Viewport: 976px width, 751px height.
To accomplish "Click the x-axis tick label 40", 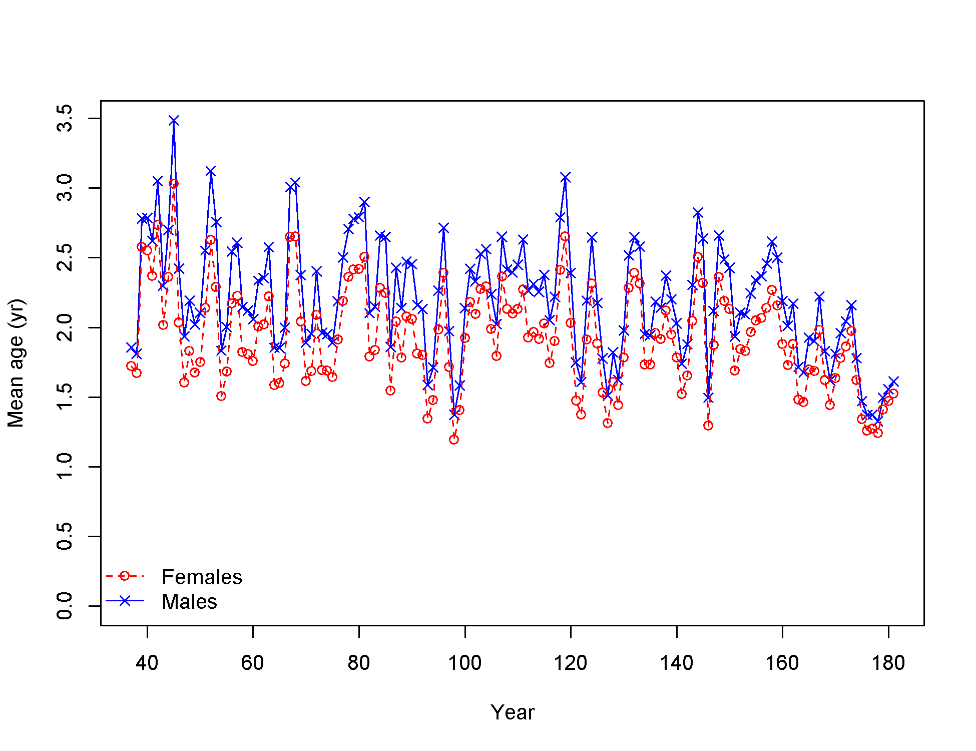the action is click(x=147, y=663).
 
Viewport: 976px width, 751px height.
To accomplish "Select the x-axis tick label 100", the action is click(x=464, y=663).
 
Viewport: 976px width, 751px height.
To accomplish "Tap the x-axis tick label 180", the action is click(x=888, y=663).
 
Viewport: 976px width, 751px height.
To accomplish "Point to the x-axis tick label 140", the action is click(x=676, y=663).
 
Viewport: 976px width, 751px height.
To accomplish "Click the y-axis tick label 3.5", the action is click(x=65, y=118).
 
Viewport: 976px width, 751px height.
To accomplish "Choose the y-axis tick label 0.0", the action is click(x=65, y=606).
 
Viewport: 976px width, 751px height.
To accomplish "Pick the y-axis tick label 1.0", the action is click(x=65, y=467).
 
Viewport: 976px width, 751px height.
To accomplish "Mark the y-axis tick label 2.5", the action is click(x=65, y=257).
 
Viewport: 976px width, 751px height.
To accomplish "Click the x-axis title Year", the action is click(x=513, y=712).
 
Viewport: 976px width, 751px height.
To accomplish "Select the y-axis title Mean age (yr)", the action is click(x=16, y=363).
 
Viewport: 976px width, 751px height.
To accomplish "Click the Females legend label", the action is click(x=202, y=577).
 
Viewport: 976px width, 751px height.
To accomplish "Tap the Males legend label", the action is click(x=189, y=602).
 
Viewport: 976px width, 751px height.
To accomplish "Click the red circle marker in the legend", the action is click(x=125, y=576).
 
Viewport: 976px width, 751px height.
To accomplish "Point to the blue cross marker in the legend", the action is click(x=125, y=601).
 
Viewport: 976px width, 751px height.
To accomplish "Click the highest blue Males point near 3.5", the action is click(x=174, y=121).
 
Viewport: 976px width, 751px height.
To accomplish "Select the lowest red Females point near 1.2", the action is click(x=454, y=440).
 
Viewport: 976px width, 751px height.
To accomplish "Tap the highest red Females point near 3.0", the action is click(x=174, y=184).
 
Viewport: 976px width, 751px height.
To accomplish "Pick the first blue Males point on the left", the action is click(x=131, y=347).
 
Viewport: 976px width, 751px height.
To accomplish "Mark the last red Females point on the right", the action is click(x=893, y=394).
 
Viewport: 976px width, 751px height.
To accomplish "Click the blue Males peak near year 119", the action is click(x=565, y=178).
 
